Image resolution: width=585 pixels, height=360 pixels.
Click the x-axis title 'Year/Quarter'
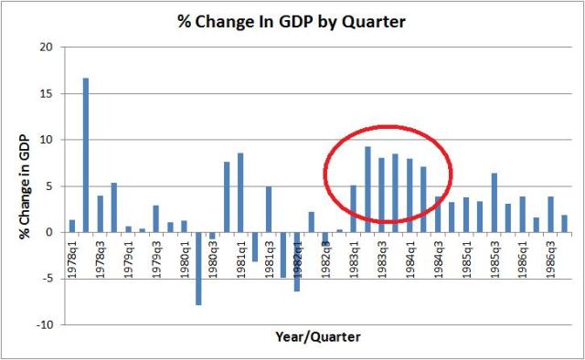(317, 338)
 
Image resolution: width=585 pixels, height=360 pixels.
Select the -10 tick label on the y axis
(45, 324)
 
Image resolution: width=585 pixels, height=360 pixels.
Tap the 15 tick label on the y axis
(47, 93)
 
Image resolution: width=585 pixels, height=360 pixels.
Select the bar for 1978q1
(72, 226)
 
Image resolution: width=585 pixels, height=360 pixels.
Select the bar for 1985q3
(494, 202)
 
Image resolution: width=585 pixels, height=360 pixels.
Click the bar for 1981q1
(240, 192)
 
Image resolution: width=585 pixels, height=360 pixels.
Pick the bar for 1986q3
(550, 214)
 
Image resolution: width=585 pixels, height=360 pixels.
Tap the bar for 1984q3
(437, 214)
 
